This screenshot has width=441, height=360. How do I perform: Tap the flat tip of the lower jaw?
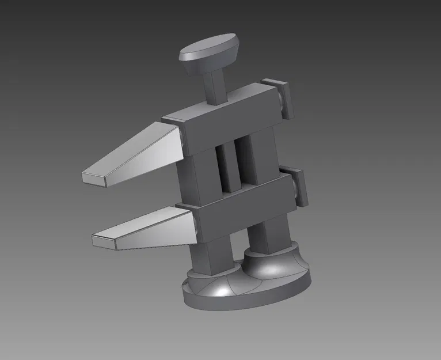coord(104,241)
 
